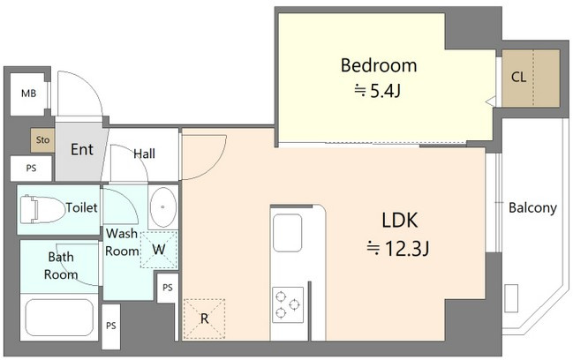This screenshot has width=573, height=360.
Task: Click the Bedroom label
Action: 379,65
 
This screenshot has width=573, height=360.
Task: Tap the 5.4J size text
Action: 379,91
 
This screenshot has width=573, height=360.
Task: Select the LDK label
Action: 399,221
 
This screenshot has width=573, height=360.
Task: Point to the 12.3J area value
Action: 398,249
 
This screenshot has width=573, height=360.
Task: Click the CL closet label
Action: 518,77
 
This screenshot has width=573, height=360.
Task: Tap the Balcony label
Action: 532,208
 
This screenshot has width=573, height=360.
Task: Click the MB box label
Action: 28,94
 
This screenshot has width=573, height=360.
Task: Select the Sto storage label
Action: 42,139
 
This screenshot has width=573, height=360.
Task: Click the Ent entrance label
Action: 82,150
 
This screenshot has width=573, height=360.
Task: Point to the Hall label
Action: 144,154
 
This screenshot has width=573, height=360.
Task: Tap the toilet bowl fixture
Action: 42,210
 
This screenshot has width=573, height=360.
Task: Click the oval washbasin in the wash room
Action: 163,207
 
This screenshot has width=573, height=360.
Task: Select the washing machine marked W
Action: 159,250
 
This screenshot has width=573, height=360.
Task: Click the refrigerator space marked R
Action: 204,319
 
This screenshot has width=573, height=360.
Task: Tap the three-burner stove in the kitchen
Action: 288,305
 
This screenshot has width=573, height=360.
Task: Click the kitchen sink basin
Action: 287,233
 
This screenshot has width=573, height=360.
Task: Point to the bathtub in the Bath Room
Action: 59,318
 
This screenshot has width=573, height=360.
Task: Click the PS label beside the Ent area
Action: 32,169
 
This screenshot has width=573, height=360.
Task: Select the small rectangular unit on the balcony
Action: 511,298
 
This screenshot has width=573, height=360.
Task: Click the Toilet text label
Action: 82,207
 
